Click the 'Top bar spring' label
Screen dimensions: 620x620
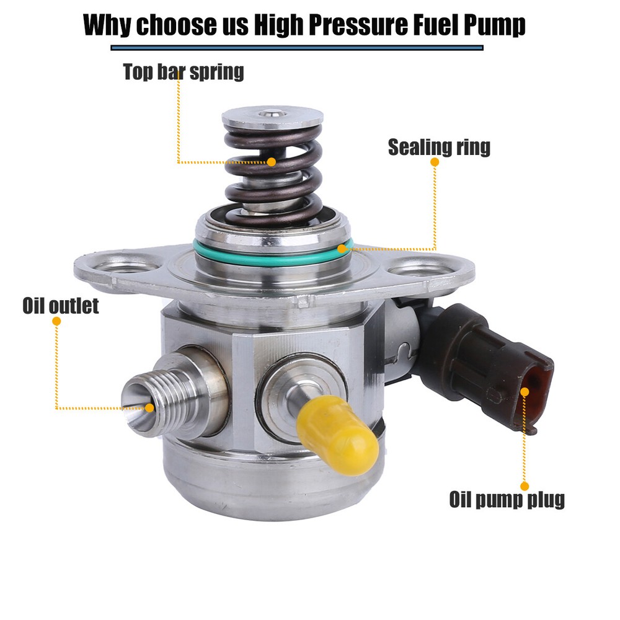[184, 72]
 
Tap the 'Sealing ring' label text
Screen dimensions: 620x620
[439, 147]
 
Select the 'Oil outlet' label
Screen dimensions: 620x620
[61, 306]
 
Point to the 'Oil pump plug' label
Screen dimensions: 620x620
[507, 499]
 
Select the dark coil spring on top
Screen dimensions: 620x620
[273, 174]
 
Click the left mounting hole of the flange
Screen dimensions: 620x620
[126, 265]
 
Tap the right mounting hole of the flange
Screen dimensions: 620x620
[420, 270]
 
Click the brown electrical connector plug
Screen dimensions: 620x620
[486, 368]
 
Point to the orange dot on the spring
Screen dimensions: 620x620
[272, 162]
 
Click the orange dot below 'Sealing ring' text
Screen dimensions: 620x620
[435, 162]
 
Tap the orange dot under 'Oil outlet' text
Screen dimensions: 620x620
[56, 321]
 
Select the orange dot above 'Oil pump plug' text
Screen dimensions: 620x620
[525, 486]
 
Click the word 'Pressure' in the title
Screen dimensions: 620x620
[358, 25]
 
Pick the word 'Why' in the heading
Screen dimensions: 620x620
[107, 25]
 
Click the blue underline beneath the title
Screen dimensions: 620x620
[297, 48]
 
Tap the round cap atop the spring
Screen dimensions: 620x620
[272, 117]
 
